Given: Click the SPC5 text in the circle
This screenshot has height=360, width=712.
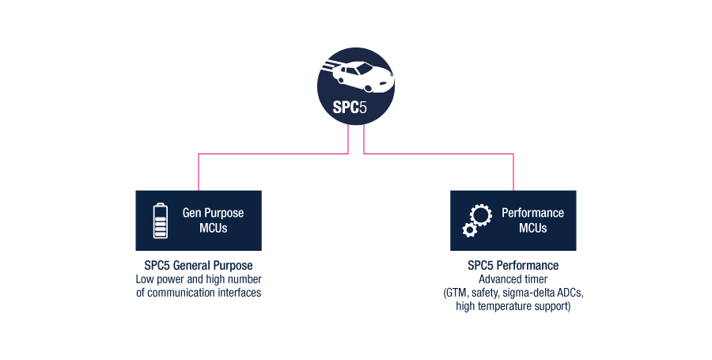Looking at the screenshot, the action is [x=349, y=107].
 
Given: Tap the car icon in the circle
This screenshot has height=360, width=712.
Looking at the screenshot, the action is [x=358, y=76].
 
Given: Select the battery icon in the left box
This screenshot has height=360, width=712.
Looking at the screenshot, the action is [x=161, y=221].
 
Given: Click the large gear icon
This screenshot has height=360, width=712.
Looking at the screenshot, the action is [x=481, y=215].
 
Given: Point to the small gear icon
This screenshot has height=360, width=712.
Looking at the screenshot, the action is [x=469, y=229].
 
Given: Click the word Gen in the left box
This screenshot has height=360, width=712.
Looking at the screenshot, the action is [x=192, y=213].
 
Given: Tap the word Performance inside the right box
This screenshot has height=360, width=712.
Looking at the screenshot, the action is [x=532, y=213].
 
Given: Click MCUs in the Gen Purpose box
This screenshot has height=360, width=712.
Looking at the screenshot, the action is [x=214, y=228].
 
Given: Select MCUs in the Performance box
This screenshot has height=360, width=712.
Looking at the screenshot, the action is [x=533, y=228].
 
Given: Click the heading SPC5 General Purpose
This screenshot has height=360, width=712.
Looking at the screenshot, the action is [x=199, y=266].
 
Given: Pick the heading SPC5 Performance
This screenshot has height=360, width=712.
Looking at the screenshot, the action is [x=513, y=266].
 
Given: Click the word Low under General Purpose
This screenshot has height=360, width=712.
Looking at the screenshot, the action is [x=145, y=279].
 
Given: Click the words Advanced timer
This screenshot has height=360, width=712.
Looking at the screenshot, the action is [x=513, y=279].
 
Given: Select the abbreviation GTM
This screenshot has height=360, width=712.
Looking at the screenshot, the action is [x=456, y=293].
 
